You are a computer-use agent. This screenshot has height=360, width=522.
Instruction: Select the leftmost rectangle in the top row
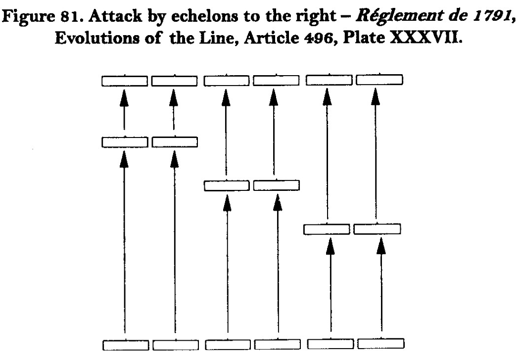pos(125,80)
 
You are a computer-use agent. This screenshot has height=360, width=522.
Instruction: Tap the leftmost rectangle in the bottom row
pos(125,343)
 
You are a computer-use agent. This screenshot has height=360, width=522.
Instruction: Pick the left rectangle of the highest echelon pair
pos(125,142)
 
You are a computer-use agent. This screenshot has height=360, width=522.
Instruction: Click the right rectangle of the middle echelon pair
pos(277,185)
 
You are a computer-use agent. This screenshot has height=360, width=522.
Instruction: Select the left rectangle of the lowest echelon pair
pos(326,229)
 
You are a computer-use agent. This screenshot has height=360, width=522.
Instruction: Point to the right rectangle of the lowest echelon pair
pos(378,229)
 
